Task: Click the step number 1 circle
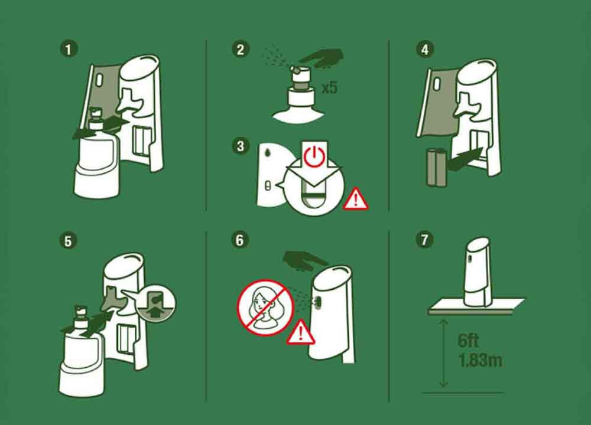pos(68,50)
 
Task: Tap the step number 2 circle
pos(240,50)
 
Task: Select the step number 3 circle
pos(240,146)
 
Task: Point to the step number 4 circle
pos(425,50)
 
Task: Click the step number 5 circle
pos(68,241)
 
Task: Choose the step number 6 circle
pos(240,240)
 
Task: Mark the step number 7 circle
pos(424,240)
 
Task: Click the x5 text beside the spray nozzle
pos(329,88)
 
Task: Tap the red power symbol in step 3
pos(314,156)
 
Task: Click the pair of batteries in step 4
pos(437,167)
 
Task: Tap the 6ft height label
pos(468,341)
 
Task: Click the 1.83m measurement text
pos(480,360)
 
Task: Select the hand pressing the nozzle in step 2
pos(321,58)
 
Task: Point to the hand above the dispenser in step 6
pos(304,260)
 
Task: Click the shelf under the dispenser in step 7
pos(476,306)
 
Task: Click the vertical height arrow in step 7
pos(444,354)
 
